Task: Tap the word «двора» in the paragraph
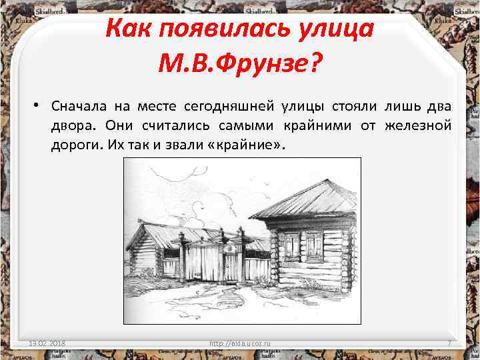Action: point(73,125)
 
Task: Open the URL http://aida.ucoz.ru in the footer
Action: point(241,343)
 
